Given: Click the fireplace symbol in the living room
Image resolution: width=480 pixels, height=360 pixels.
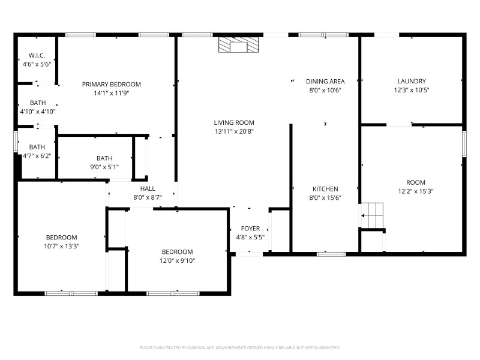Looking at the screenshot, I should (x=239, y=46).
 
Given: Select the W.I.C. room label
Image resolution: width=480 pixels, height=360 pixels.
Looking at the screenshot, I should (x=36, y=56).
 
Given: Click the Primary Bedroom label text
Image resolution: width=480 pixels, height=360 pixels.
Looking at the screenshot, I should (x=111, y=84).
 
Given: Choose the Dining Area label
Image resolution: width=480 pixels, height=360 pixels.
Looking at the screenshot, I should (x=325, y=82).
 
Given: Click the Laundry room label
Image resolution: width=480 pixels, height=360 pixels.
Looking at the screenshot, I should (x=411, y=82).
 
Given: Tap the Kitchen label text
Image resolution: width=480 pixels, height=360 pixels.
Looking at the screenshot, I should (x=325, y=189).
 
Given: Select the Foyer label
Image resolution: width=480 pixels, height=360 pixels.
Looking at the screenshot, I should (x=250, y=229).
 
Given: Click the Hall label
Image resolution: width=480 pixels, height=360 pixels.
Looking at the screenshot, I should (x=148, y=189).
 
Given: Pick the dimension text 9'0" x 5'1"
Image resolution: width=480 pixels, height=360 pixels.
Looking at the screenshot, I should (x=104, y=167).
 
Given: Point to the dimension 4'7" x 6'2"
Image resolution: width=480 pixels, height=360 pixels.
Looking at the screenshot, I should (x=37, y=155).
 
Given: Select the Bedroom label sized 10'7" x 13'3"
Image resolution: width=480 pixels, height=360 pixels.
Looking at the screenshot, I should (x=61, y=237).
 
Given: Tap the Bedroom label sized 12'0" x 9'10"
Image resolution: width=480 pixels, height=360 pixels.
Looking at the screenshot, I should (x=177, y=252).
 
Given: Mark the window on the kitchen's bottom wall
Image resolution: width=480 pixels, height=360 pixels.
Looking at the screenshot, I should (x=331, y=254).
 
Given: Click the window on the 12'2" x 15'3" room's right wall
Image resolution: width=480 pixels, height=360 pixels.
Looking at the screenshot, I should (x=464, y=144).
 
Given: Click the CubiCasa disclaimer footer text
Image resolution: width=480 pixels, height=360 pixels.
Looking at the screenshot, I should (x=240, y=347).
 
